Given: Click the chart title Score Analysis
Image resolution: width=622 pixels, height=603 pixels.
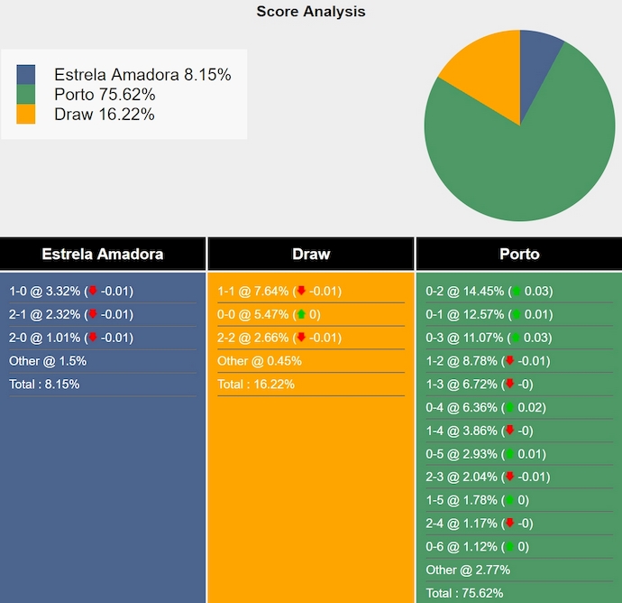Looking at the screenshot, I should [310, 12].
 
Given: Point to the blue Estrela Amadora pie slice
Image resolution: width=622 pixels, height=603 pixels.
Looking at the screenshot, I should [538, 54].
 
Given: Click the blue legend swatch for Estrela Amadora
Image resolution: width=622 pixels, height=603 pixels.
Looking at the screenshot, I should [26, 75].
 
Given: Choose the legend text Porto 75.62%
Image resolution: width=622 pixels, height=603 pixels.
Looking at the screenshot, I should [105, 95].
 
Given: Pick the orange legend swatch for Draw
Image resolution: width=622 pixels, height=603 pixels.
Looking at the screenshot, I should [26, 115].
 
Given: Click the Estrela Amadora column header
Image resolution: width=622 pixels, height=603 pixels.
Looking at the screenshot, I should [103, 254].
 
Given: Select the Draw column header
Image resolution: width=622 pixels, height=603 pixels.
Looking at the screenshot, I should [311, 254].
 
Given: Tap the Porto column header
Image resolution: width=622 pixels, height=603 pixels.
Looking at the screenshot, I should [519, 254].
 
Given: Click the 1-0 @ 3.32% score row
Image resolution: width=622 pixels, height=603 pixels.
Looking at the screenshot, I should [71, 292].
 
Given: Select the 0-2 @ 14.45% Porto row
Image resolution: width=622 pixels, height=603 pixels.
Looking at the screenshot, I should [489, 292].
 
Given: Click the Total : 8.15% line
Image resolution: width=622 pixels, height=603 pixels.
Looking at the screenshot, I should [44, 384].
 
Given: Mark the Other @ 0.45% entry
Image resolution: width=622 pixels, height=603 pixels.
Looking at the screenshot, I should [260, 361].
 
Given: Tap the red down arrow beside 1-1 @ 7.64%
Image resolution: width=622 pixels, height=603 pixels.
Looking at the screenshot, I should [301, 292].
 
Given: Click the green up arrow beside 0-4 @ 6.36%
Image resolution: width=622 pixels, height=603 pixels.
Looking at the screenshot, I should [509, 408].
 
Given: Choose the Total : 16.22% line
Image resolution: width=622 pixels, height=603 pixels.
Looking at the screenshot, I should [256, 384].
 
